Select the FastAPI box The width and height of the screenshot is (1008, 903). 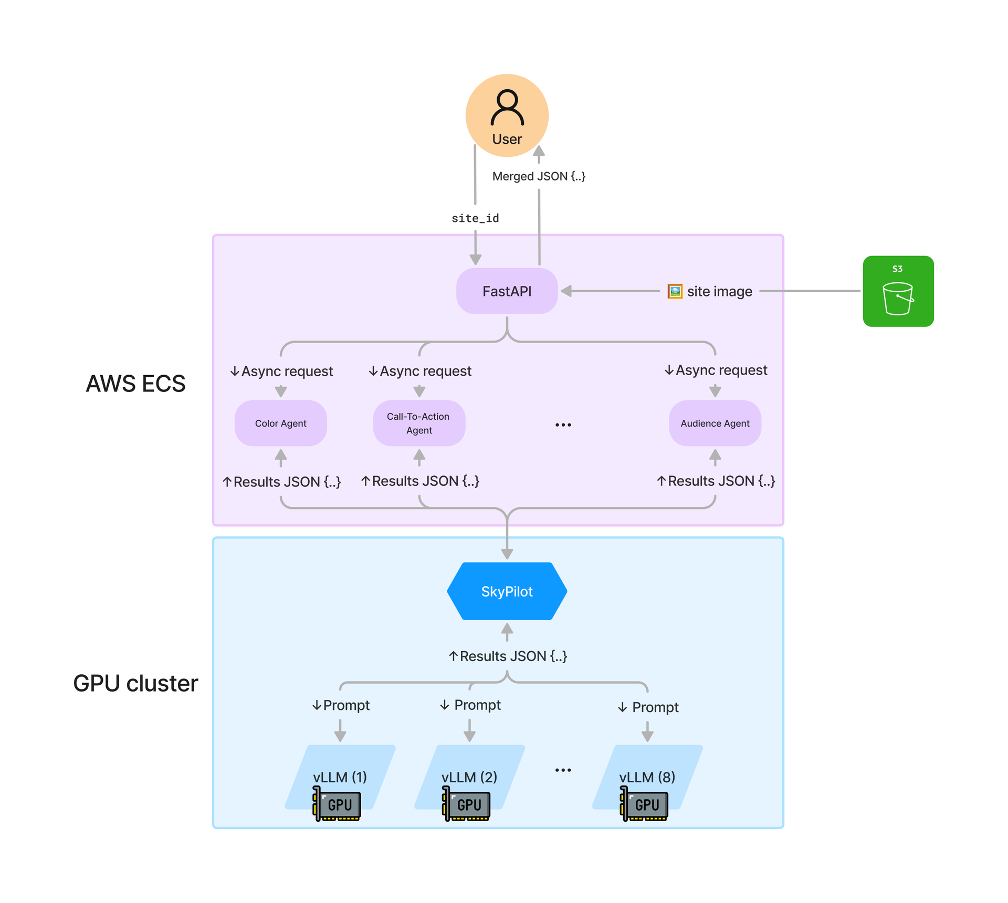(x=507, y=291)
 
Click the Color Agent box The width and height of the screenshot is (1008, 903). (x=281, y=423)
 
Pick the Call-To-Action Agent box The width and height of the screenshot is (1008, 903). (x=419, y=423)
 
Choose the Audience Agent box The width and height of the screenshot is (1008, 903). (x=715, y=423)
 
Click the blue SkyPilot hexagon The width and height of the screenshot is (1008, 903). (x=507, y=591)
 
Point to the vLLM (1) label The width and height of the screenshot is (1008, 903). (x=340, y=777)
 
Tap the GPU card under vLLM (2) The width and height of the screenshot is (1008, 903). (x=467, y=804)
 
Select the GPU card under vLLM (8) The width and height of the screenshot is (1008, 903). (x=644, y=804)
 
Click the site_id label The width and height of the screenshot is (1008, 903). (x=475, y=218)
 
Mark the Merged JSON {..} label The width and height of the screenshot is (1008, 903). (x=539, y=176)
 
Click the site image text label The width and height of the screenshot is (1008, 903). (x=719, y=291)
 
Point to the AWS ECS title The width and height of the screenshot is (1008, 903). (x=135, y=384)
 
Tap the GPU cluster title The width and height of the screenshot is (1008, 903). (x=135, y=683)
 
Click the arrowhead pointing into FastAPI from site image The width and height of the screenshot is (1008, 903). (x=566, y=291)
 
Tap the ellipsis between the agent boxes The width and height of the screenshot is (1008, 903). (x=563, y=424)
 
